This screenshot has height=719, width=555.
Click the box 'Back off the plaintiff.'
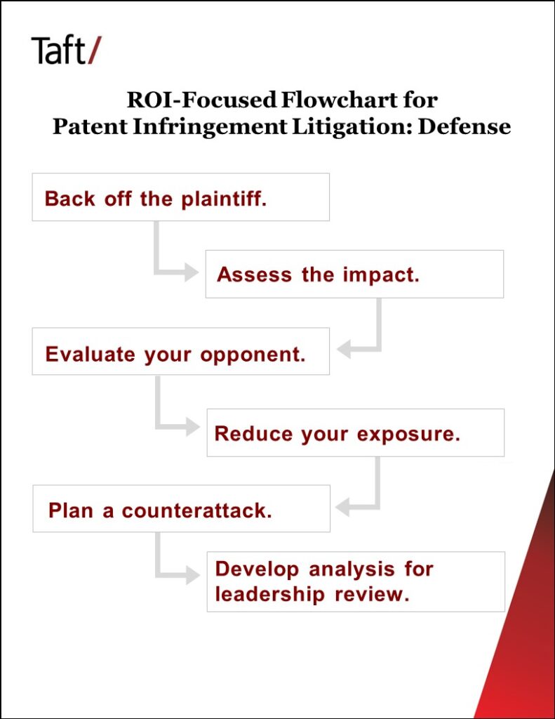click(x=180, y=197)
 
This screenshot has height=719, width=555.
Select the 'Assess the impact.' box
click(x=354, y=274)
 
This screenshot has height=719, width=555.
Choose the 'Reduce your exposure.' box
click(x=355, y=433)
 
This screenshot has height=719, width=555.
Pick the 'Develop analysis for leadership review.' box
click(x=355, y=581)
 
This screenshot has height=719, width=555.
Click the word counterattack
click(x=196, y=510)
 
